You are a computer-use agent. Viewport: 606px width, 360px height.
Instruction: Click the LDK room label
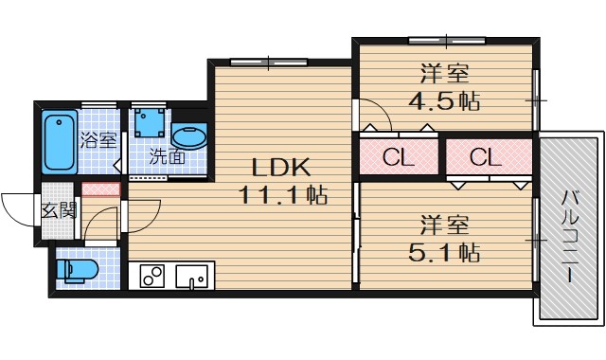281,168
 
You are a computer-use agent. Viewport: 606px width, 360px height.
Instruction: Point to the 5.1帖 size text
442,252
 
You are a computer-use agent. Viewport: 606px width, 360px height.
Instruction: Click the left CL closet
399,157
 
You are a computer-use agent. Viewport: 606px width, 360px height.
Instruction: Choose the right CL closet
485,157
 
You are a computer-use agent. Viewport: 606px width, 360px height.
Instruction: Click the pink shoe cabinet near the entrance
100,189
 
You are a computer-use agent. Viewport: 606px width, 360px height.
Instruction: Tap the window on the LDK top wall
268,63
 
